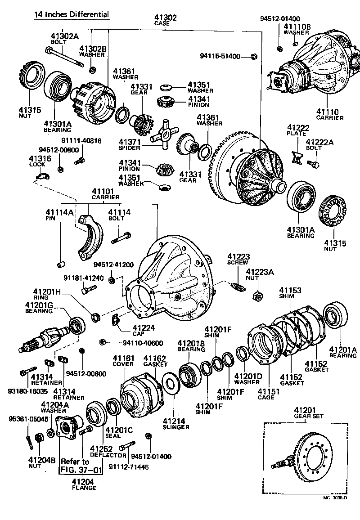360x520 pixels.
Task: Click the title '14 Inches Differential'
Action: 72,14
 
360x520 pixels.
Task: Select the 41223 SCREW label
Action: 238,259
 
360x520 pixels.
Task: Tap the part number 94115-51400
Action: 221,56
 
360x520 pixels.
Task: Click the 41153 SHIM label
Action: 290,293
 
